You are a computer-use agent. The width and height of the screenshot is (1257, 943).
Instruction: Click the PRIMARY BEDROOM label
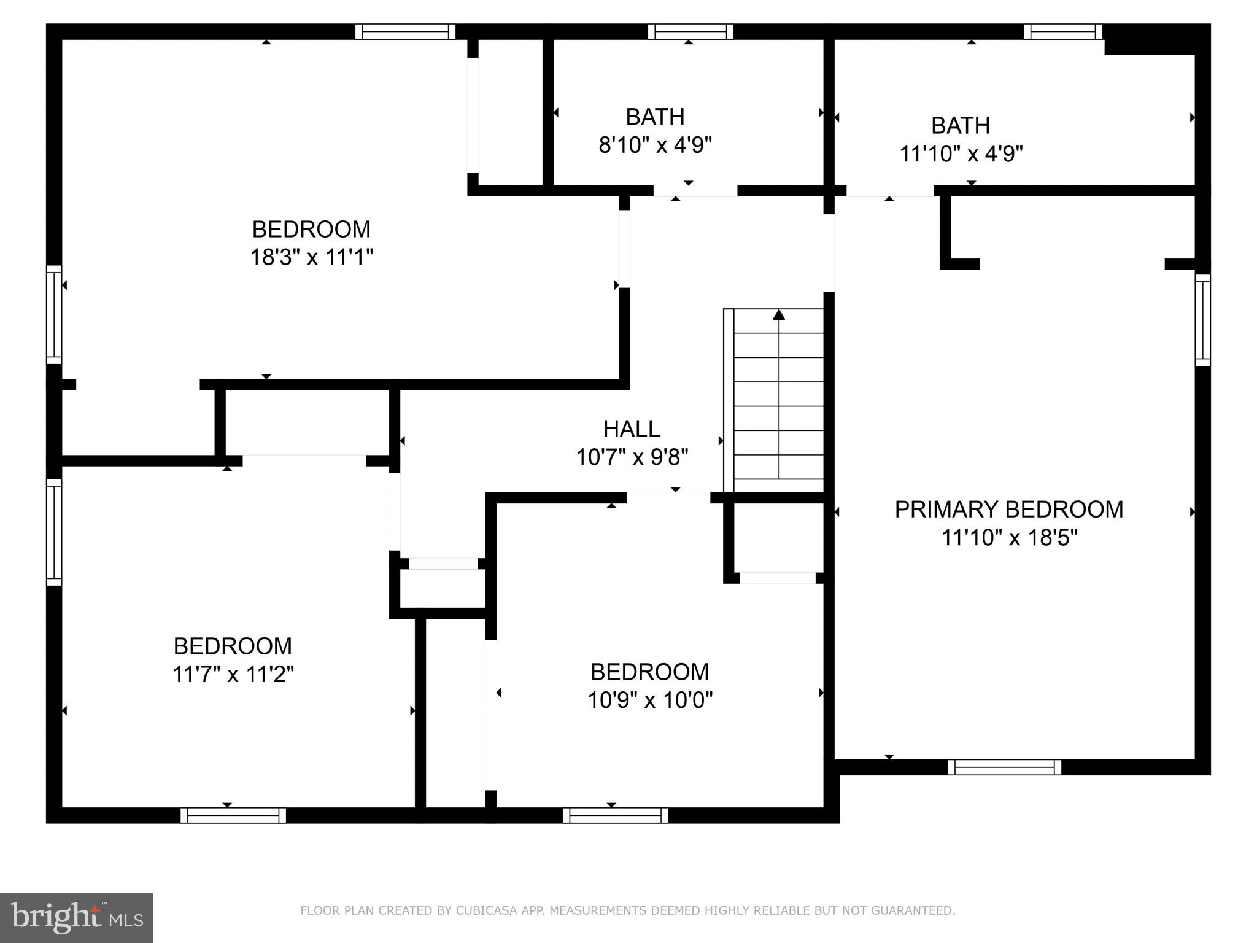1008,510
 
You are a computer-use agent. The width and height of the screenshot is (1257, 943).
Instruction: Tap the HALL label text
632,429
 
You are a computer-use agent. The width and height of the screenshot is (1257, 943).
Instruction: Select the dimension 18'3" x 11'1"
311,257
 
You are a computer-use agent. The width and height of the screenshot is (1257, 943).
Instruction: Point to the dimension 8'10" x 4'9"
655,146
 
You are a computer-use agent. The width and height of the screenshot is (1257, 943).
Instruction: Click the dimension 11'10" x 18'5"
1009,538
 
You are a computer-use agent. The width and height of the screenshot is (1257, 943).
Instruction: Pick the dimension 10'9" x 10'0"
649,700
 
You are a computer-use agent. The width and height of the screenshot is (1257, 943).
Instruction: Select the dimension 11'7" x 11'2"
233,674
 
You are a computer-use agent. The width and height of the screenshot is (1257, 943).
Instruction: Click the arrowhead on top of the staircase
779,315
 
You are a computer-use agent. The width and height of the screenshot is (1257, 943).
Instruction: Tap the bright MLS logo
77,918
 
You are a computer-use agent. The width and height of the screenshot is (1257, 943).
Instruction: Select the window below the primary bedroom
1004,767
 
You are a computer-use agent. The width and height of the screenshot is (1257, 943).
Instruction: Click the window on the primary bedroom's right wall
1202,320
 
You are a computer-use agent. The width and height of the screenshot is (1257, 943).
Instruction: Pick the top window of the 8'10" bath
690,31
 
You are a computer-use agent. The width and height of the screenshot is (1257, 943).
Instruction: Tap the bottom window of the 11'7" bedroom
233,815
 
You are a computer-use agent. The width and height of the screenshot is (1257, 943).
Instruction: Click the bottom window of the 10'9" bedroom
615,815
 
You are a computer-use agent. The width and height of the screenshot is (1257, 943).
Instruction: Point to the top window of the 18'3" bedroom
405,31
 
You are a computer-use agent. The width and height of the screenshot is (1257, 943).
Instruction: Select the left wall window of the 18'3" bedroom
54,315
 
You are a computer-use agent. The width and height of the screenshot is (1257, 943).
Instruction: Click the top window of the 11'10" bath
1062,31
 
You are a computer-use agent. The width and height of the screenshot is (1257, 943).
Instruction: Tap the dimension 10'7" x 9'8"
632,457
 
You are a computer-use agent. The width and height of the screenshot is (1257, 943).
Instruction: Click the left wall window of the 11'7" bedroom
54,532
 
